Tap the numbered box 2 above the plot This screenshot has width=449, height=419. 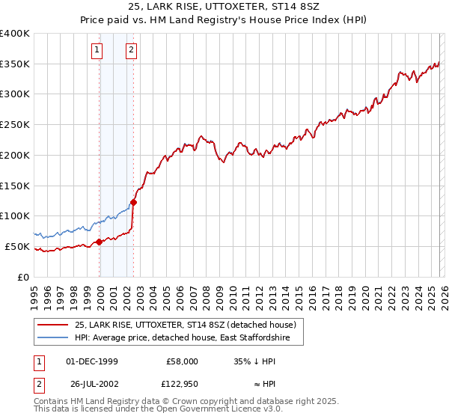[x=131, y=50]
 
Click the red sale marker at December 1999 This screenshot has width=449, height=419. [x=100, y=242]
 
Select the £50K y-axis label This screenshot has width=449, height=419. [x=17, y=246]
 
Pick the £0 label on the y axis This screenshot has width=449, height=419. [x=23, y=277]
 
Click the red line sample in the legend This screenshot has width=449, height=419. [x=53, y=325]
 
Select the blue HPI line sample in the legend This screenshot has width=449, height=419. [x=53, y=339]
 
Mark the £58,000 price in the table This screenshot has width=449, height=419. [x=183, y=361]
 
